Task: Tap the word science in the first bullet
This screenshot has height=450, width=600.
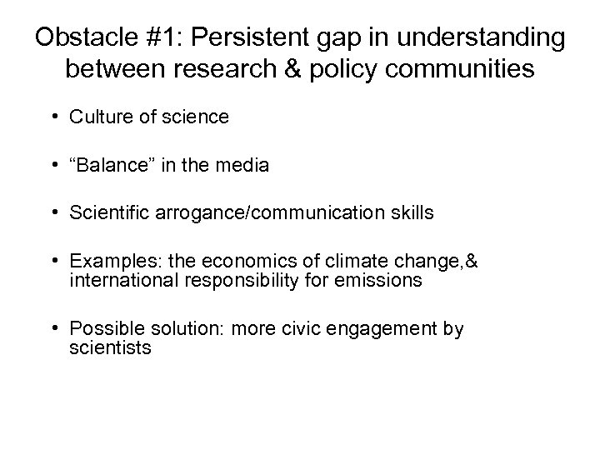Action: click(198, 117)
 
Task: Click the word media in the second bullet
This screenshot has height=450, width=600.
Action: click(245, 165)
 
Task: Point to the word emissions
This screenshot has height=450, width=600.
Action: click(384, 281)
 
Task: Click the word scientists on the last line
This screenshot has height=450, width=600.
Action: click(110, 348)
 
